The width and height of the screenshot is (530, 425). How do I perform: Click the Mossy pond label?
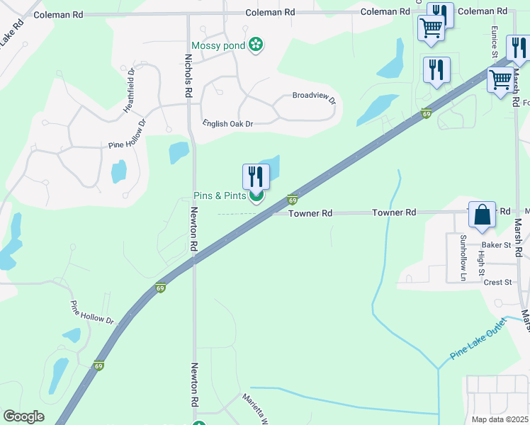pyautogui.click(x=217, y=46)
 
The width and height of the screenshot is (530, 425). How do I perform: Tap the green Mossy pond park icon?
pyautogui.click(x=256, y=46)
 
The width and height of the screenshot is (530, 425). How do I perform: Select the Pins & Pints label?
pyautogui.click(x=220, y=196)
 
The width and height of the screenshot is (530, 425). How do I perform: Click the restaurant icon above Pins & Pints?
pyautogui.click(x=256, y=176)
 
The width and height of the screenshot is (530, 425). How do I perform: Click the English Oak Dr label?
pyautogui.click(x=227, y=123)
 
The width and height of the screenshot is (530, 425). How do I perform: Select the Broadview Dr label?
pyautogui.click(x=314, y=96)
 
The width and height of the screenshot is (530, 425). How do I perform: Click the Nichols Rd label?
pyautogui.click(x=188, y=76)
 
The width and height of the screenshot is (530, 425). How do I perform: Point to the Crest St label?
pyautogui.click(x=497, y=282)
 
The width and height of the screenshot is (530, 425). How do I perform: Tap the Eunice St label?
pyautogui.click(x=495, y=42)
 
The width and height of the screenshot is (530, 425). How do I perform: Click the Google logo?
pyautogui.click(x=23, y=416)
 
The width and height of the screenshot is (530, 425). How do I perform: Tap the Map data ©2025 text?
pyautogui.click(x=500, y=419)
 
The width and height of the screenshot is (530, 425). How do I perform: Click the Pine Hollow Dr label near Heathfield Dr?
pyautogui.click(x=127, y=134)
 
